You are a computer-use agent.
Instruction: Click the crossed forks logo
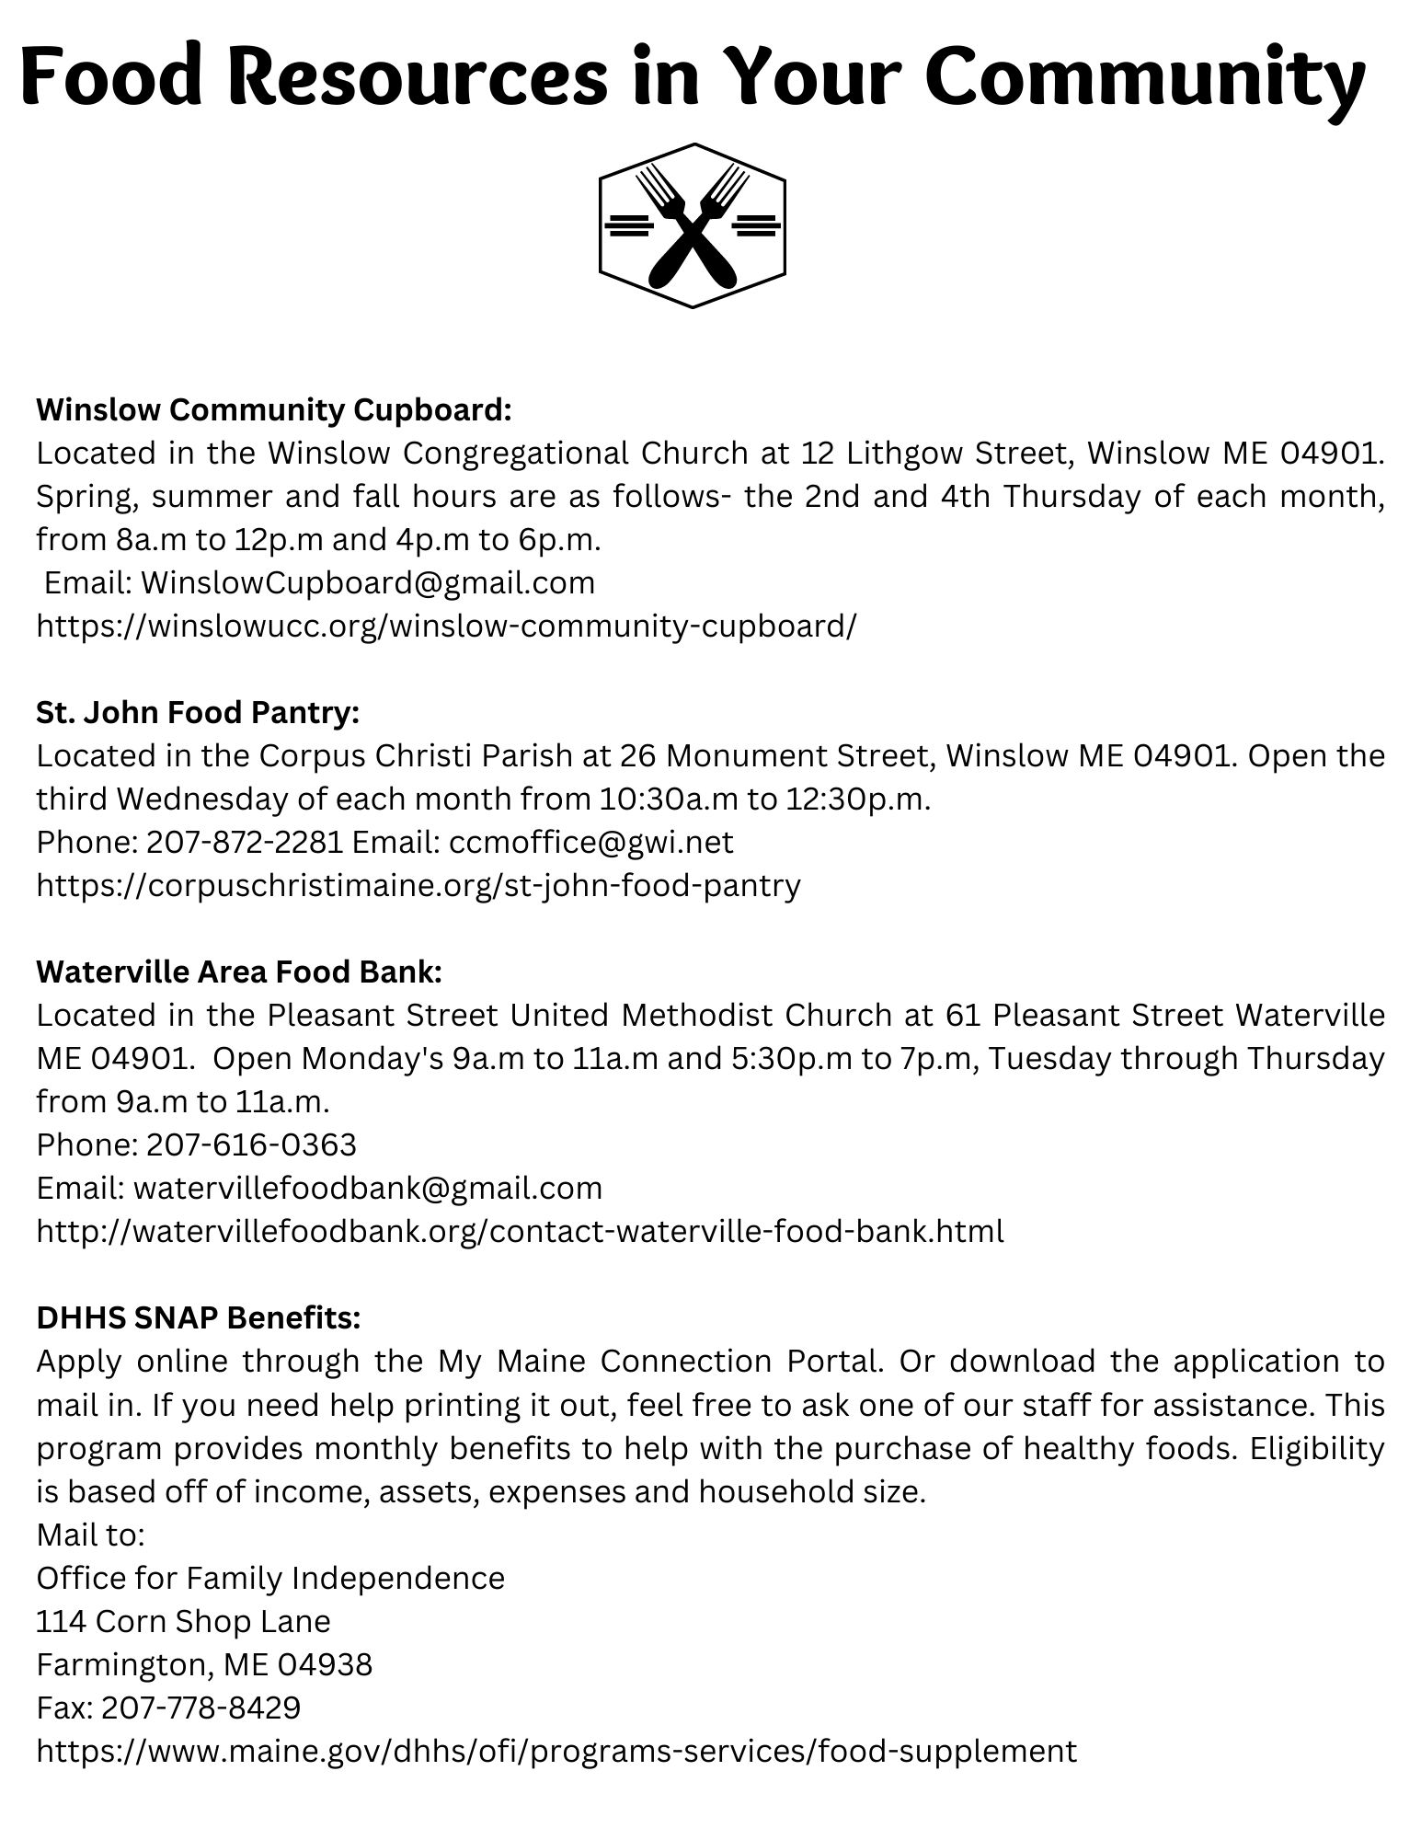692,225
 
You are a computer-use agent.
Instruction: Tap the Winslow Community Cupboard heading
273,409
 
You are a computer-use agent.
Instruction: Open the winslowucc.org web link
446,626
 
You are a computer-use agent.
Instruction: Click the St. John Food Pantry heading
198,712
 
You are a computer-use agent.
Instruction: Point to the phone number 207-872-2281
245,842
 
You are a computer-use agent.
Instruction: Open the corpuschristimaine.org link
418,885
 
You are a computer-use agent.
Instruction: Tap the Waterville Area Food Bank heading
239,972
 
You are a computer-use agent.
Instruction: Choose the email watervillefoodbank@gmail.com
368,1188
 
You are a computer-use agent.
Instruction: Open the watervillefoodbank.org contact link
520,1231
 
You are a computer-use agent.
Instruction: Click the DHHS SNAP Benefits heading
199,1317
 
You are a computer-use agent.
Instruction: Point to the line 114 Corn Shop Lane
183,1621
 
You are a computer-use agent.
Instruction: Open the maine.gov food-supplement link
556,1751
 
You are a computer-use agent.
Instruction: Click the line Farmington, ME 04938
204,1664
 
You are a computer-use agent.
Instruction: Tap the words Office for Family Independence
270,1578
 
